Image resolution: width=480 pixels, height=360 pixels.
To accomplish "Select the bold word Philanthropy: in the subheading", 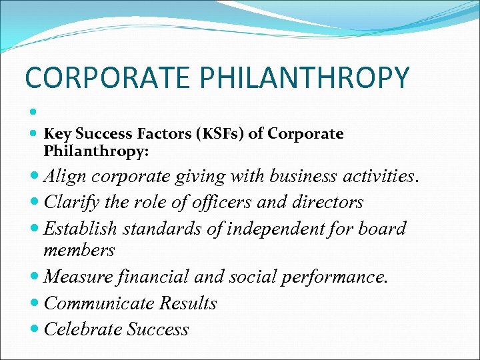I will pos(96,152).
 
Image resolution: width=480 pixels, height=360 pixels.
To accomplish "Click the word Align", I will pos(65,177).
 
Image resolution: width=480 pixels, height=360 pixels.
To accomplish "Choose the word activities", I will pos(379,177).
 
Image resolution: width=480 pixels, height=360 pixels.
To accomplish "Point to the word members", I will pos(79,250).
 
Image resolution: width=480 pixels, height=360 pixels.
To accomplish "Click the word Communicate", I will pos(99,303).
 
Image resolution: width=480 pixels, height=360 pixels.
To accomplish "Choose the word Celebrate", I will pos(83,329).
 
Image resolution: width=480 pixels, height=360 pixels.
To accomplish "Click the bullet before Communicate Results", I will pos(34,304).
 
